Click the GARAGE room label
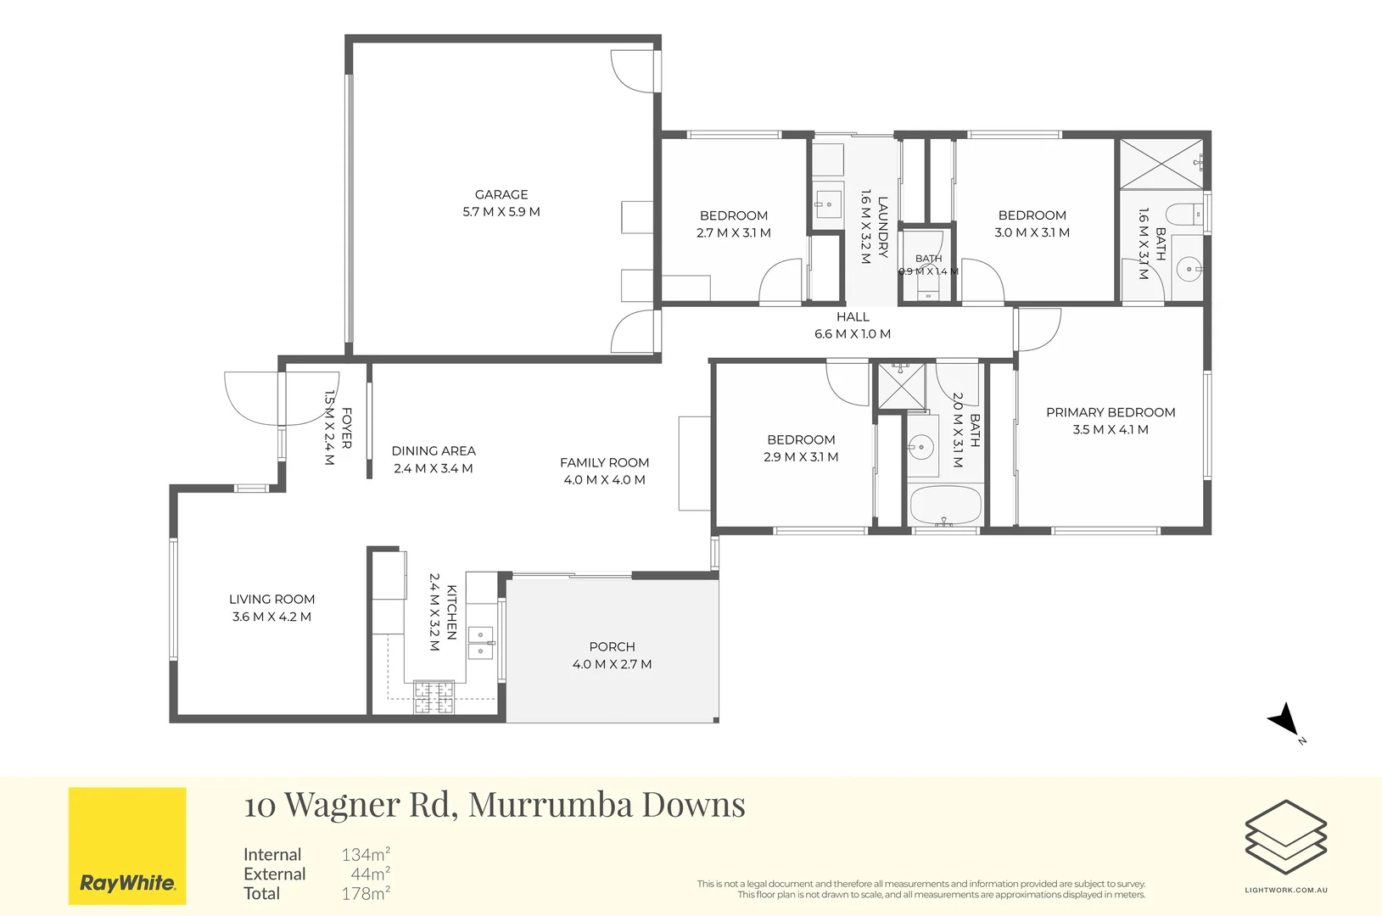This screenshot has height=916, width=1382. tap(501, 194)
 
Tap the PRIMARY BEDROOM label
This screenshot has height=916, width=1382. tap(1111, 412)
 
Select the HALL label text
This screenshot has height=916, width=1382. tap(853, 316)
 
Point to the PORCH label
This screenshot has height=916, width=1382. tap(612, 646)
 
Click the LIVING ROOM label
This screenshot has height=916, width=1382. tap(272, 599)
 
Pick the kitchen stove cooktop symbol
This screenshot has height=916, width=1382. tap(434, 697)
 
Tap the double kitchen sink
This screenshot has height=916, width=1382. tap(481, 643)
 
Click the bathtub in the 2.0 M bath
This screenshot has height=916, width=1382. tap(945, 505)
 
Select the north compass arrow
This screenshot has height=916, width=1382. tap(1284, 720)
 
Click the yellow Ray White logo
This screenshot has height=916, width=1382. tap(127, 846)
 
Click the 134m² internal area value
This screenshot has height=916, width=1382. tap(366, 854)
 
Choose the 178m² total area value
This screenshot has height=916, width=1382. tap(366, 893)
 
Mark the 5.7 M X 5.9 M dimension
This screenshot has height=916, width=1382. tap(501, 211)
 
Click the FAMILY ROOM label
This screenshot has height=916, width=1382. tap(605, 462)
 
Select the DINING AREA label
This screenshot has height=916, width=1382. tap(434, 451)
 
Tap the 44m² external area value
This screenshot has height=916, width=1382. tap(370, 874)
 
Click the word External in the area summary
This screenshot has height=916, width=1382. tap(275, 874)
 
